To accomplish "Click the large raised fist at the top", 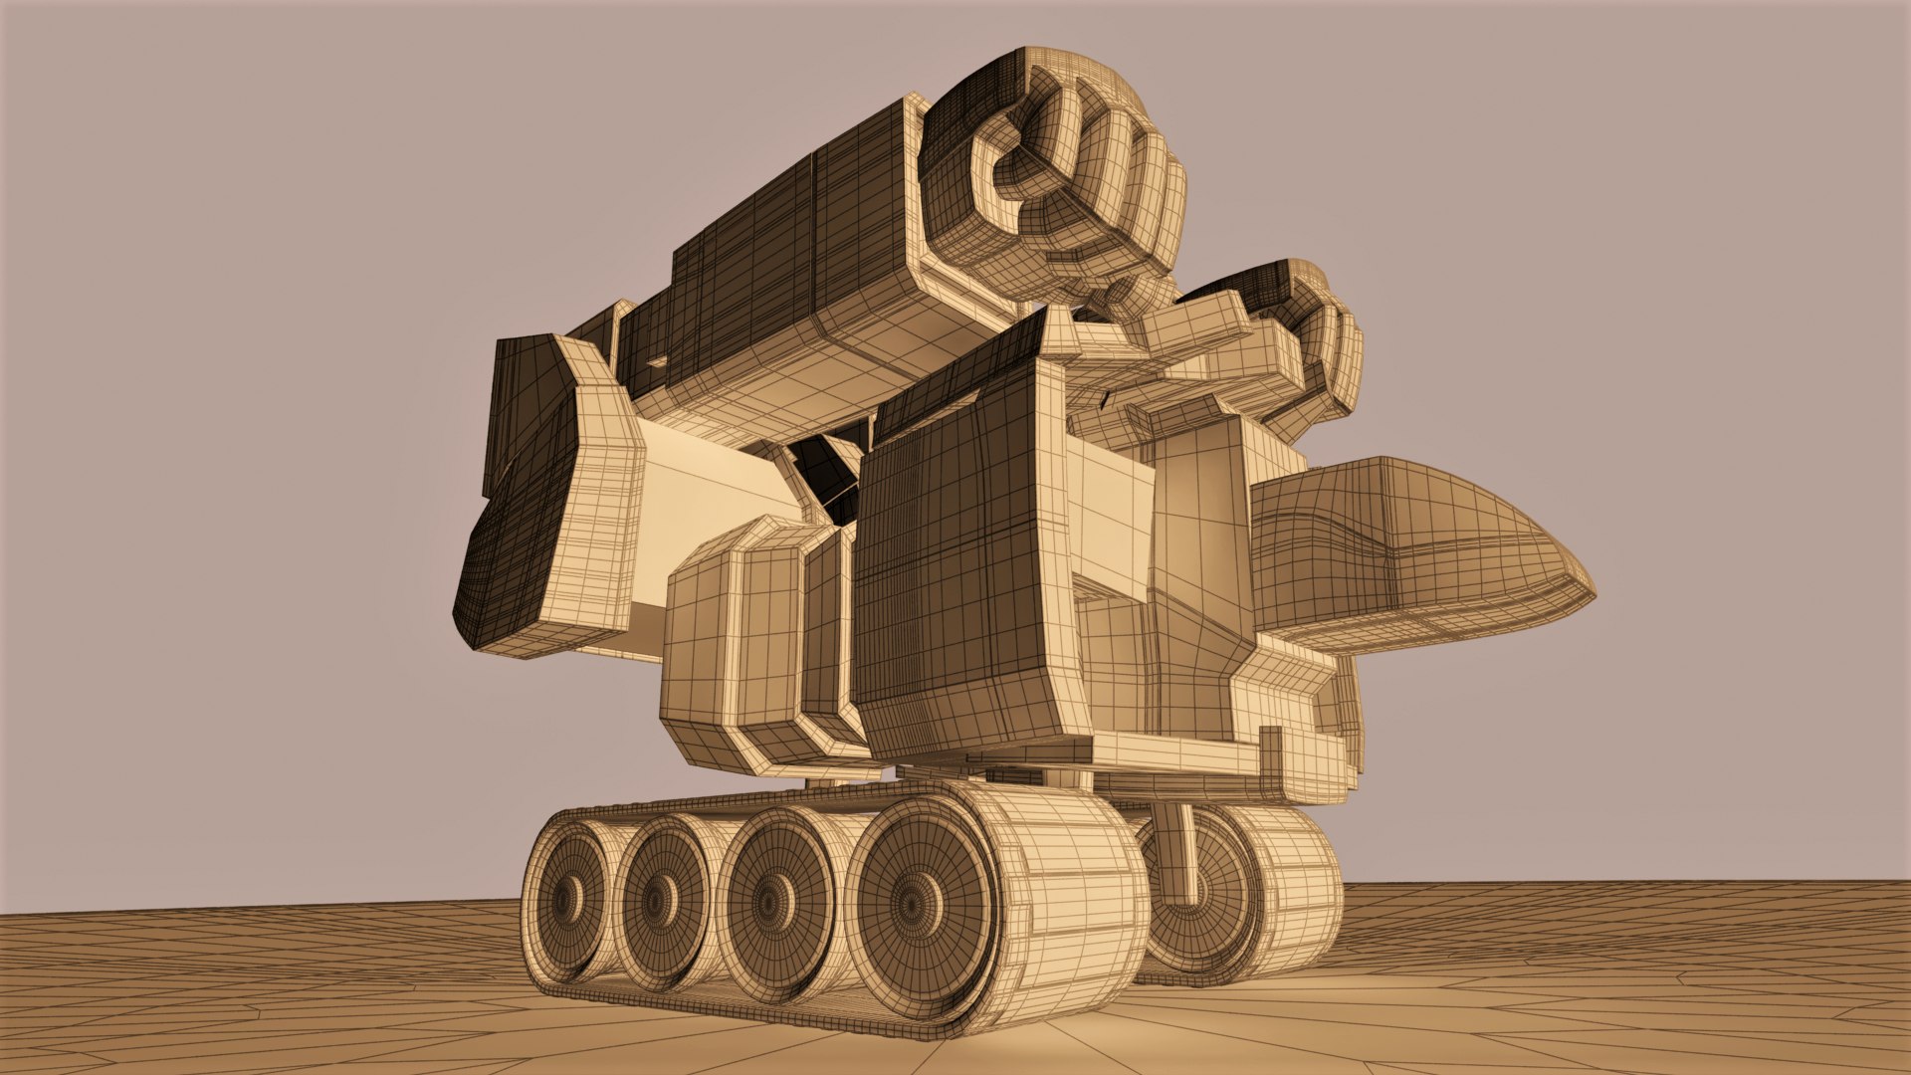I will click(1055, 179).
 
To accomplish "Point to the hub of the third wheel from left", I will click(768, 904).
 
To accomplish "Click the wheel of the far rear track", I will click(1209, 896).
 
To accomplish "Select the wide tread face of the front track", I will click(1075, 896).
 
